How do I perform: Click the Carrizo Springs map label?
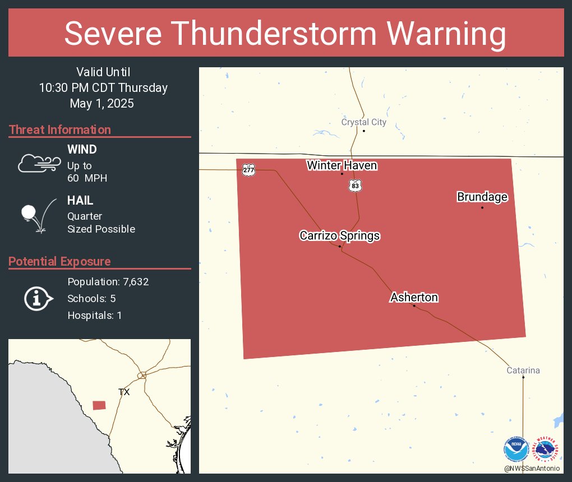339,236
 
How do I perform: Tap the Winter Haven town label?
342,165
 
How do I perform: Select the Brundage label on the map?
482,197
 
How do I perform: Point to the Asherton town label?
414,297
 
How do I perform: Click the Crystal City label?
363,122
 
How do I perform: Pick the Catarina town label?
523,370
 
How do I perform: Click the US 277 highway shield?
248,169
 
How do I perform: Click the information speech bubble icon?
38,299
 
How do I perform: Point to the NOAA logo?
516,449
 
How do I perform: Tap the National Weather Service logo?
547,449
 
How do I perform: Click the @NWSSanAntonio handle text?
532,468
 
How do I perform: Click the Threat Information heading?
60,130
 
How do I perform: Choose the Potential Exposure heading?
59,262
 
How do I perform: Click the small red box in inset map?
99,405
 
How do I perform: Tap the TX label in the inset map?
124,392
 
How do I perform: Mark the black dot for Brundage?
482,207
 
